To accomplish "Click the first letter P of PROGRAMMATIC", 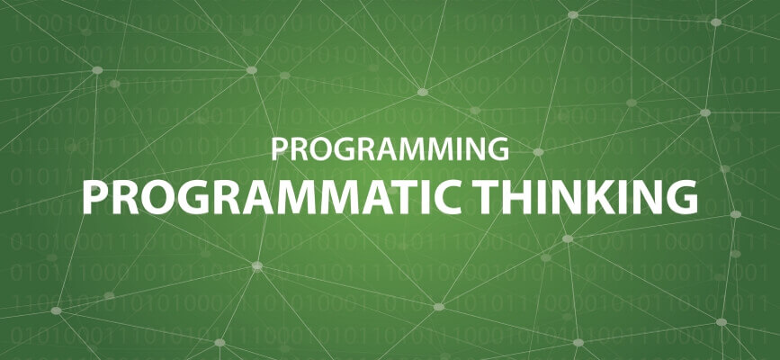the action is point(94,198).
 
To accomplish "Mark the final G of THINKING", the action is point(683,198).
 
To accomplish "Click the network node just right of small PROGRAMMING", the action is point(538,152).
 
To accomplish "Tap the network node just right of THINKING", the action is point(736,214).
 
